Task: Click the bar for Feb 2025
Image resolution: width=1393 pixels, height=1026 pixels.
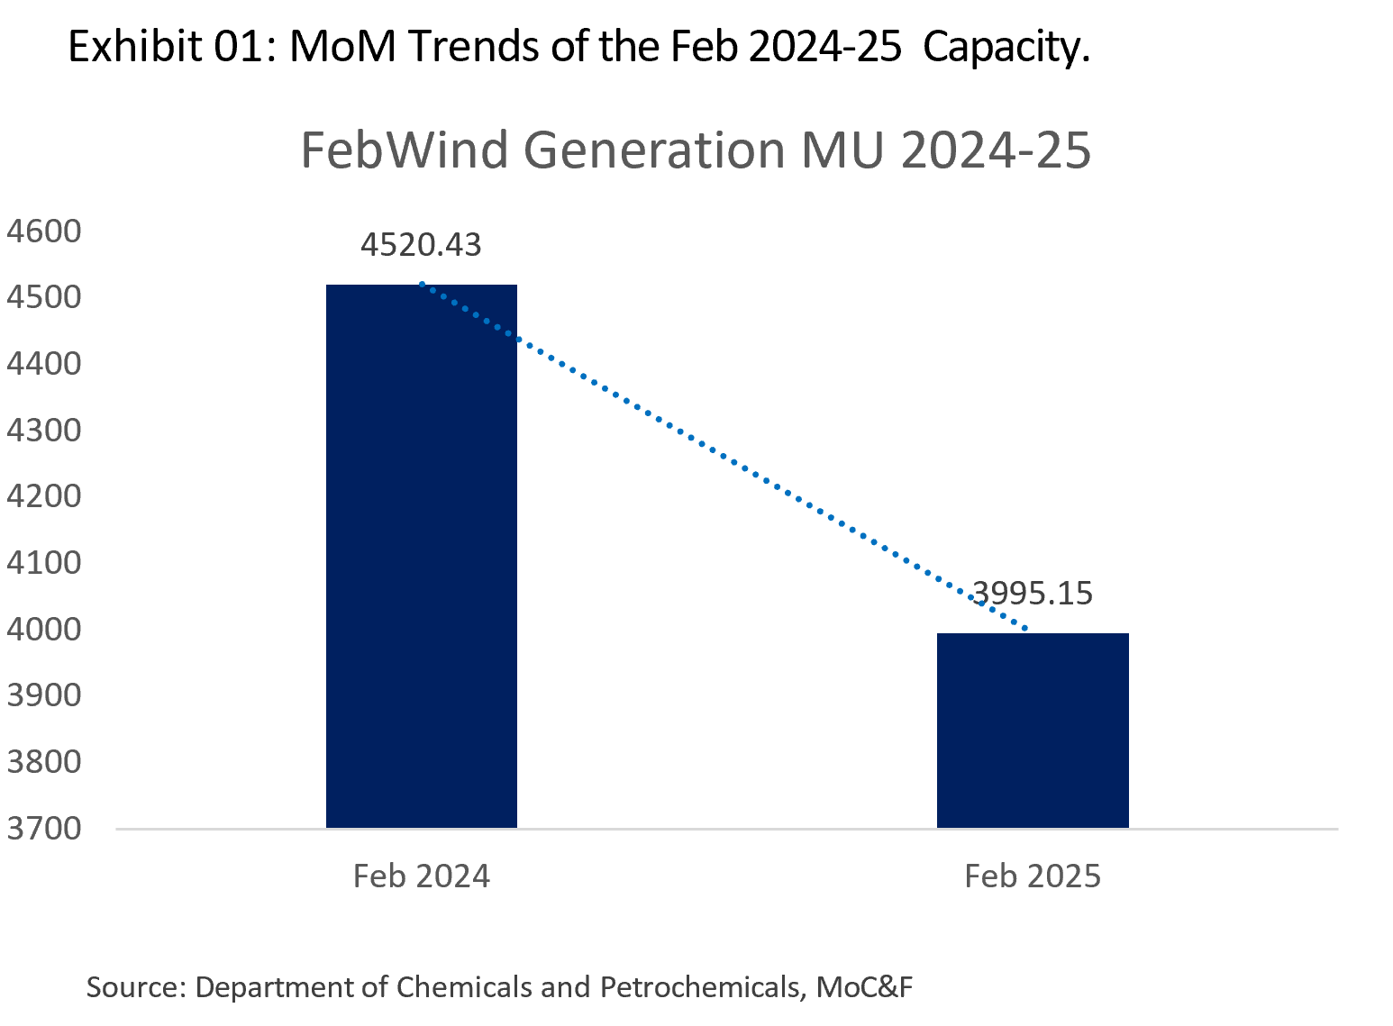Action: click(x=1033, y=730)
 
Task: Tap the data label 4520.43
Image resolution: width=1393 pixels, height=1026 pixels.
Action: click(x=421, y=245)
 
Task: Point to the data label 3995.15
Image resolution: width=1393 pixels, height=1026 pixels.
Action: click(x=1033, y=594)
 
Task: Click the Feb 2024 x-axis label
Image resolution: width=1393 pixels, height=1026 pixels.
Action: click(x=421, y=876)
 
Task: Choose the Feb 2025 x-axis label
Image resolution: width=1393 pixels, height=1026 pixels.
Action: click(x=1033, y=876)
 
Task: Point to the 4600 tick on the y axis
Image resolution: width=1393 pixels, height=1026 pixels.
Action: click(x=44, y=232)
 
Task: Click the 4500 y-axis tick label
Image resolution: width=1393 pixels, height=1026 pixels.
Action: click(x=44, y=298)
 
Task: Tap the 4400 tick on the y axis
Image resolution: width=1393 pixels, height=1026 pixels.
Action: click(x=44, y=364)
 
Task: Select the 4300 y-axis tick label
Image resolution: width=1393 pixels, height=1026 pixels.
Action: click(x=44, y=431)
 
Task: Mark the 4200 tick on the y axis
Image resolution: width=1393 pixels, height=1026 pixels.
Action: click(x=44, y=496)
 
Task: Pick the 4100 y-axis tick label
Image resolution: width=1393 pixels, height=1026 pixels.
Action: click(x=44, y=563)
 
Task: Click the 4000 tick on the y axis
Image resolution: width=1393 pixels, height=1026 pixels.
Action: click(x=44, y=629)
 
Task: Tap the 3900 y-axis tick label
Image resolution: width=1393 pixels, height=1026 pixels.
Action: click(x=44, y=695)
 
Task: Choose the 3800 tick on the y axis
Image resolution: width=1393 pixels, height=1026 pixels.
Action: click(x=44, y=762)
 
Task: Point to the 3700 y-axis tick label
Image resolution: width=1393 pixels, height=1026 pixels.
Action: click(x=44, y=828)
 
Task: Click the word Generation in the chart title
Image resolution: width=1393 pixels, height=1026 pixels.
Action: click(x=654, y=150)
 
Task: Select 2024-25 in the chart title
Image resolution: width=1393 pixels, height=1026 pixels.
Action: click(x=996, y=150)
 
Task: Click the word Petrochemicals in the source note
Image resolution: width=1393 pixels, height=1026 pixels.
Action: click(x=700, y=987)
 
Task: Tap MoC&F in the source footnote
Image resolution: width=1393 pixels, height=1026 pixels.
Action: click(x=864, y=987)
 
